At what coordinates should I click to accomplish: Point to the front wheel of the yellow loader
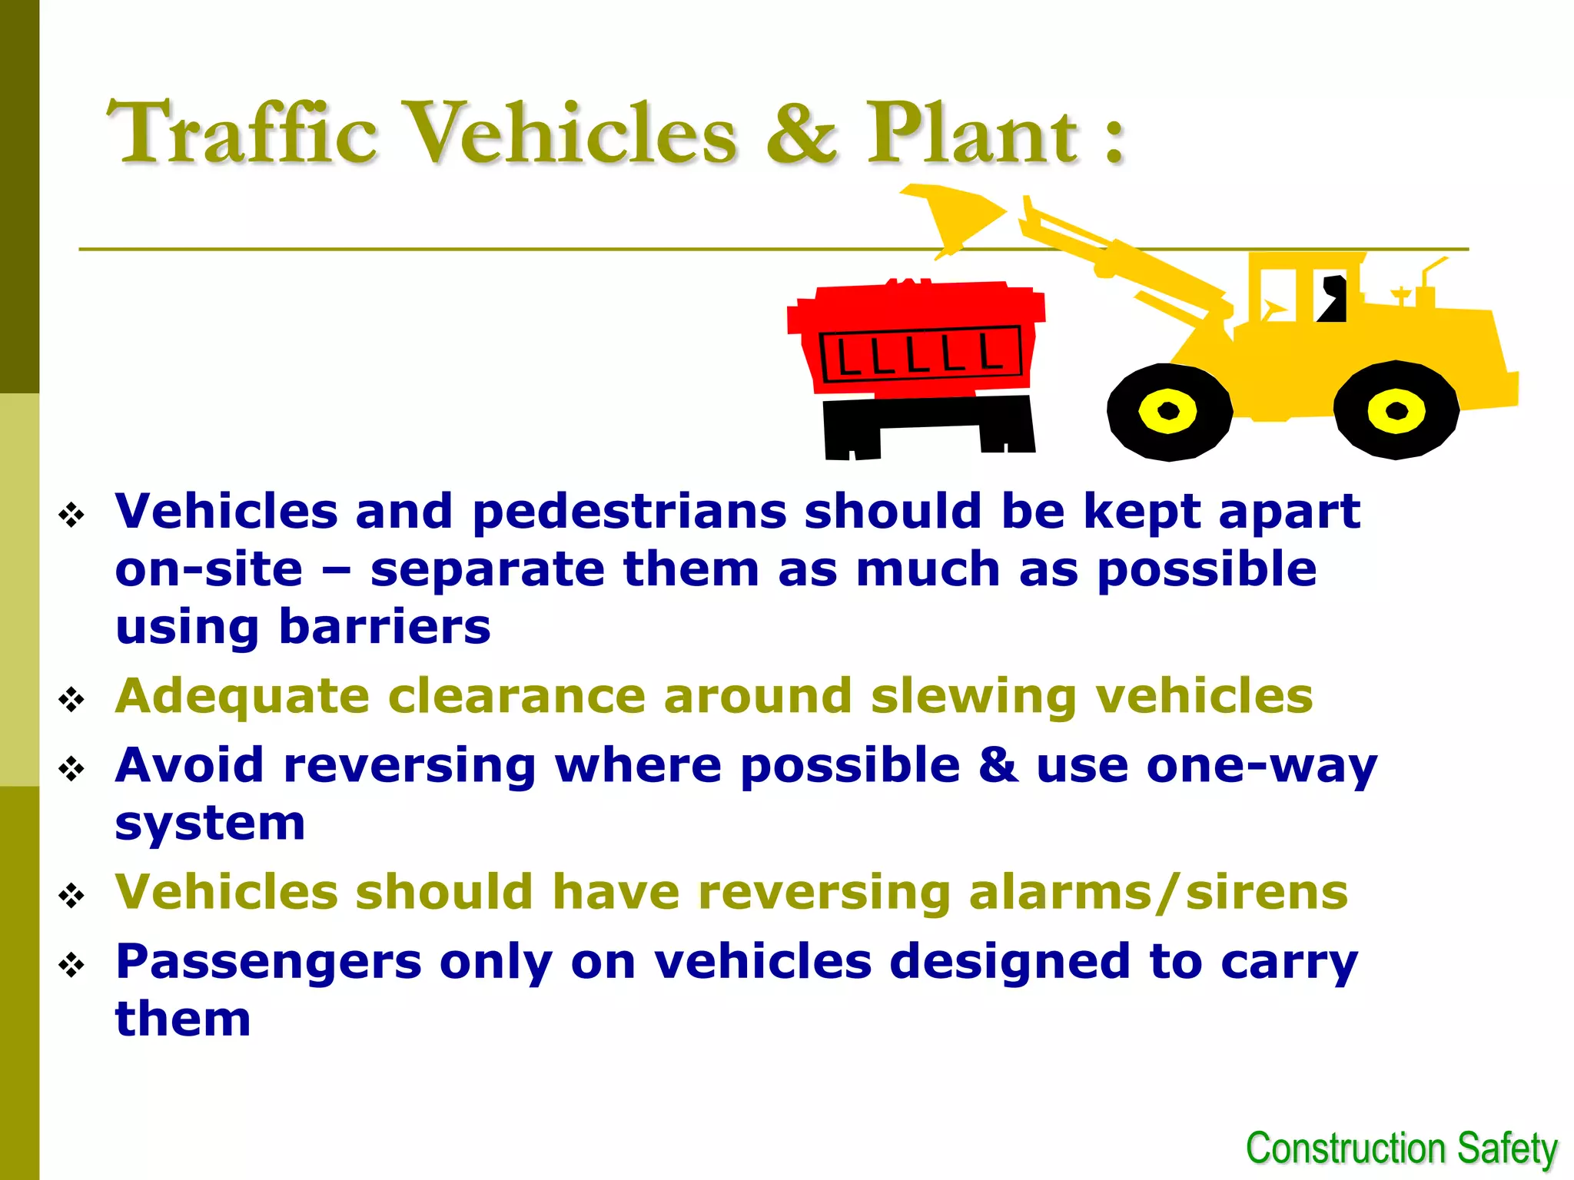(x=1169, y=412)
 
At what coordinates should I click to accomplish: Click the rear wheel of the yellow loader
(x=1396, y=410)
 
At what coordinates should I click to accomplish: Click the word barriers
(x=384, y=627)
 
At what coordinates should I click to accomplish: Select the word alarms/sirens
(x=1157, y=892)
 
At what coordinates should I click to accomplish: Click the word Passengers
(x=268, y=962)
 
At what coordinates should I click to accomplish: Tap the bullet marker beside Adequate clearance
(x=71, y=699)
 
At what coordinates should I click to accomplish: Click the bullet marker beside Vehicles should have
(x=71, y=895)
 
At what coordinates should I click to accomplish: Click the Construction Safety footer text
(x=1401, y=1149)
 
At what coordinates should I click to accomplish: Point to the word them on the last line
(x=183, y=1019)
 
